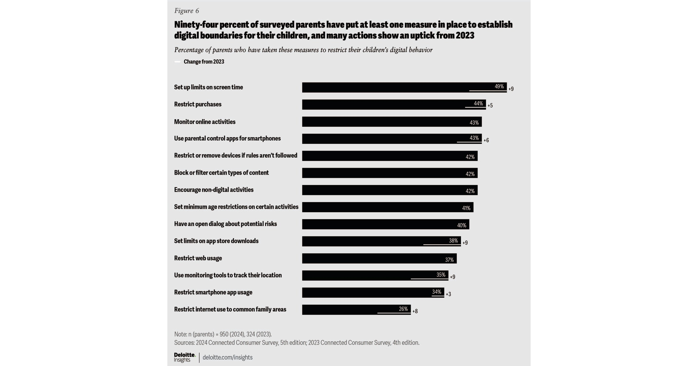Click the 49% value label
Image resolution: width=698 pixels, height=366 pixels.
(x=499, y=86)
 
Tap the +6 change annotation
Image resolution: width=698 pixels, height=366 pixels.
(x=486, y=140)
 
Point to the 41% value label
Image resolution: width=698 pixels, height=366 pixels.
(x=466, y=208)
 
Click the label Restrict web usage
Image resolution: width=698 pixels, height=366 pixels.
(x=198, y=258)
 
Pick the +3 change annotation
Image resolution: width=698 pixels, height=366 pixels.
(x=448, y=294)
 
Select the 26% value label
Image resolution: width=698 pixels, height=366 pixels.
(x=403, y=309)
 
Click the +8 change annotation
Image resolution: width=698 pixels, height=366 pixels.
(x=415, y=311)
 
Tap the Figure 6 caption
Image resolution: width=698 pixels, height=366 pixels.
(x=186, y=10)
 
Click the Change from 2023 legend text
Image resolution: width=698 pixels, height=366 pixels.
(x=204, y=61)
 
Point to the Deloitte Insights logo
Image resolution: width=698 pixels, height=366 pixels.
(x=184, y=357)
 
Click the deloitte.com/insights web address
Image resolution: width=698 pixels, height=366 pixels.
(x=227, y=357)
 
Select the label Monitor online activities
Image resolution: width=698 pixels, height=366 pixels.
(x=205, y=122)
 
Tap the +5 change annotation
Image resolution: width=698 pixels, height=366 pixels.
(x=490, y=105)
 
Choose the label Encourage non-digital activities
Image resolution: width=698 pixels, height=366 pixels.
(x=213, y=190)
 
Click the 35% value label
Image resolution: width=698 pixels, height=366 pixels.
(x=440, y=274)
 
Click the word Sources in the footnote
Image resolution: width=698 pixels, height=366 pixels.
(x=184, y=342)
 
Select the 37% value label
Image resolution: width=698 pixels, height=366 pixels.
(x=449, y=260)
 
